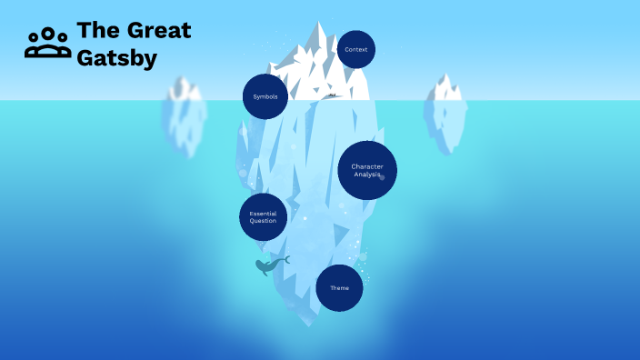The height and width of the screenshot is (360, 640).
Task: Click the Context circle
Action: point(356,49)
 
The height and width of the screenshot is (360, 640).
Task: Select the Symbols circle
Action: point(265,96)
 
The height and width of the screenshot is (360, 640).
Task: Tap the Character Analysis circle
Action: point(367,170)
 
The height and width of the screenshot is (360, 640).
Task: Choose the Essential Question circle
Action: point(263,217)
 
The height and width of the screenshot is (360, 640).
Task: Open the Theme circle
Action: point(339,288)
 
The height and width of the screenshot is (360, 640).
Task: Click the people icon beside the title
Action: point(47,43)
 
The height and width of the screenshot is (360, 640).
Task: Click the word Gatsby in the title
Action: point(117,58)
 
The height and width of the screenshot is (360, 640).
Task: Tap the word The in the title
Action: point(96,30)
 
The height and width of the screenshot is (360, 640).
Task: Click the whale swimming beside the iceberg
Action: point(268,265)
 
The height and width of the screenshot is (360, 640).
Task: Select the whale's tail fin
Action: point(285,260)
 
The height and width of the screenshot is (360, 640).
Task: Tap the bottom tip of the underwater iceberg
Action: point(315,324)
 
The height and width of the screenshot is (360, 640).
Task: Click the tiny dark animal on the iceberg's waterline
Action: point(333,95)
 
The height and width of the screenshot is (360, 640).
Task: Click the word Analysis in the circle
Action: point(367,174)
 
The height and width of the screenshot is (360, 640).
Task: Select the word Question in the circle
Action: point(263,221)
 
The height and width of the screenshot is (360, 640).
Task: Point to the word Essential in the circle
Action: point(263,214)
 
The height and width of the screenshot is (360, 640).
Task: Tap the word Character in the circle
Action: point(367,166)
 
